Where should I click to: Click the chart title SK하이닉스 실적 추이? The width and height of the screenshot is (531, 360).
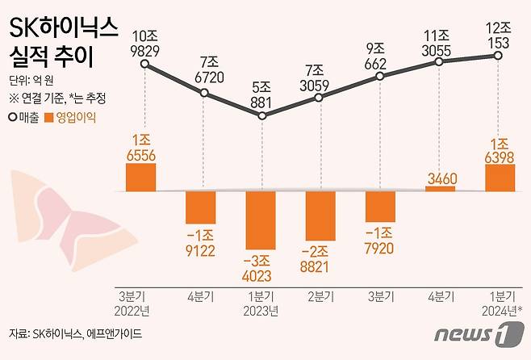point(63,44)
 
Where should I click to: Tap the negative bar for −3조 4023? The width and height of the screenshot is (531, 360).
point(261,220)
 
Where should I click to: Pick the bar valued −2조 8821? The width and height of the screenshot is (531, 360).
point(320,216)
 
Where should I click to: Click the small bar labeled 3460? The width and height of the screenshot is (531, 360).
point(440,189)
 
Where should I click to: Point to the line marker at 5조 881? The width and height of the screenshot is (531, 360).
point(261,115)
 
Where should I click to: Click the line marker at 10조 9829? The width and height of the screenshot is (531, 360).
point(145,65)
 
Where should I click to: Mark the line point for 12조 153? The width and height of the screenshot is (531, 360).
point(498,55)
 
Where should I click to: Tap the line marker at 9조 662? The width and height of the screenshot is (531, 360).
point(379,77)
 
